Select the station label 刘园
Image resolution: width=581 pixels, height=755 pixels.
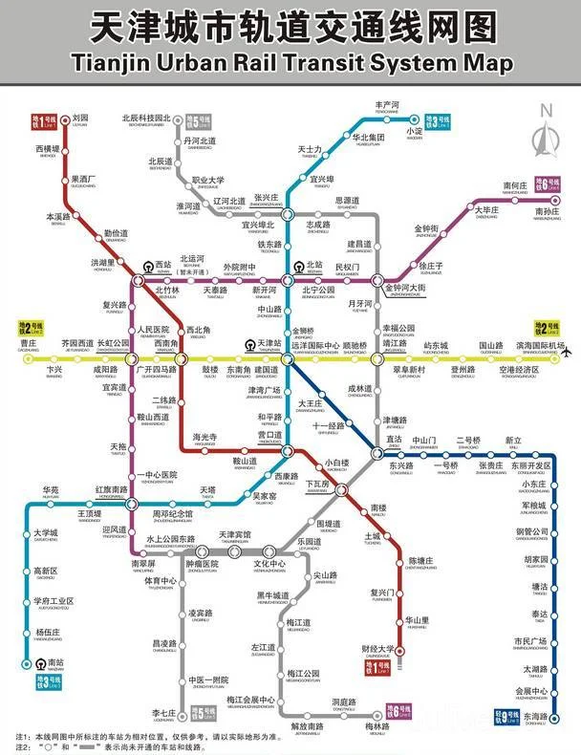[80, 119]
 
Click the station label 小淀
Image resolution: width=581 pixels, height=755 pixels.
[414, 131]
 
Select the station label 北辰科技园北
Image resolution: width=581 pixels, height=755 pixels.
[146, 119]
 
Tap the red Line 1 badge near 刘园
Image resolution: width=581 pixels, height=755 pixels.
[46, 122]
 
